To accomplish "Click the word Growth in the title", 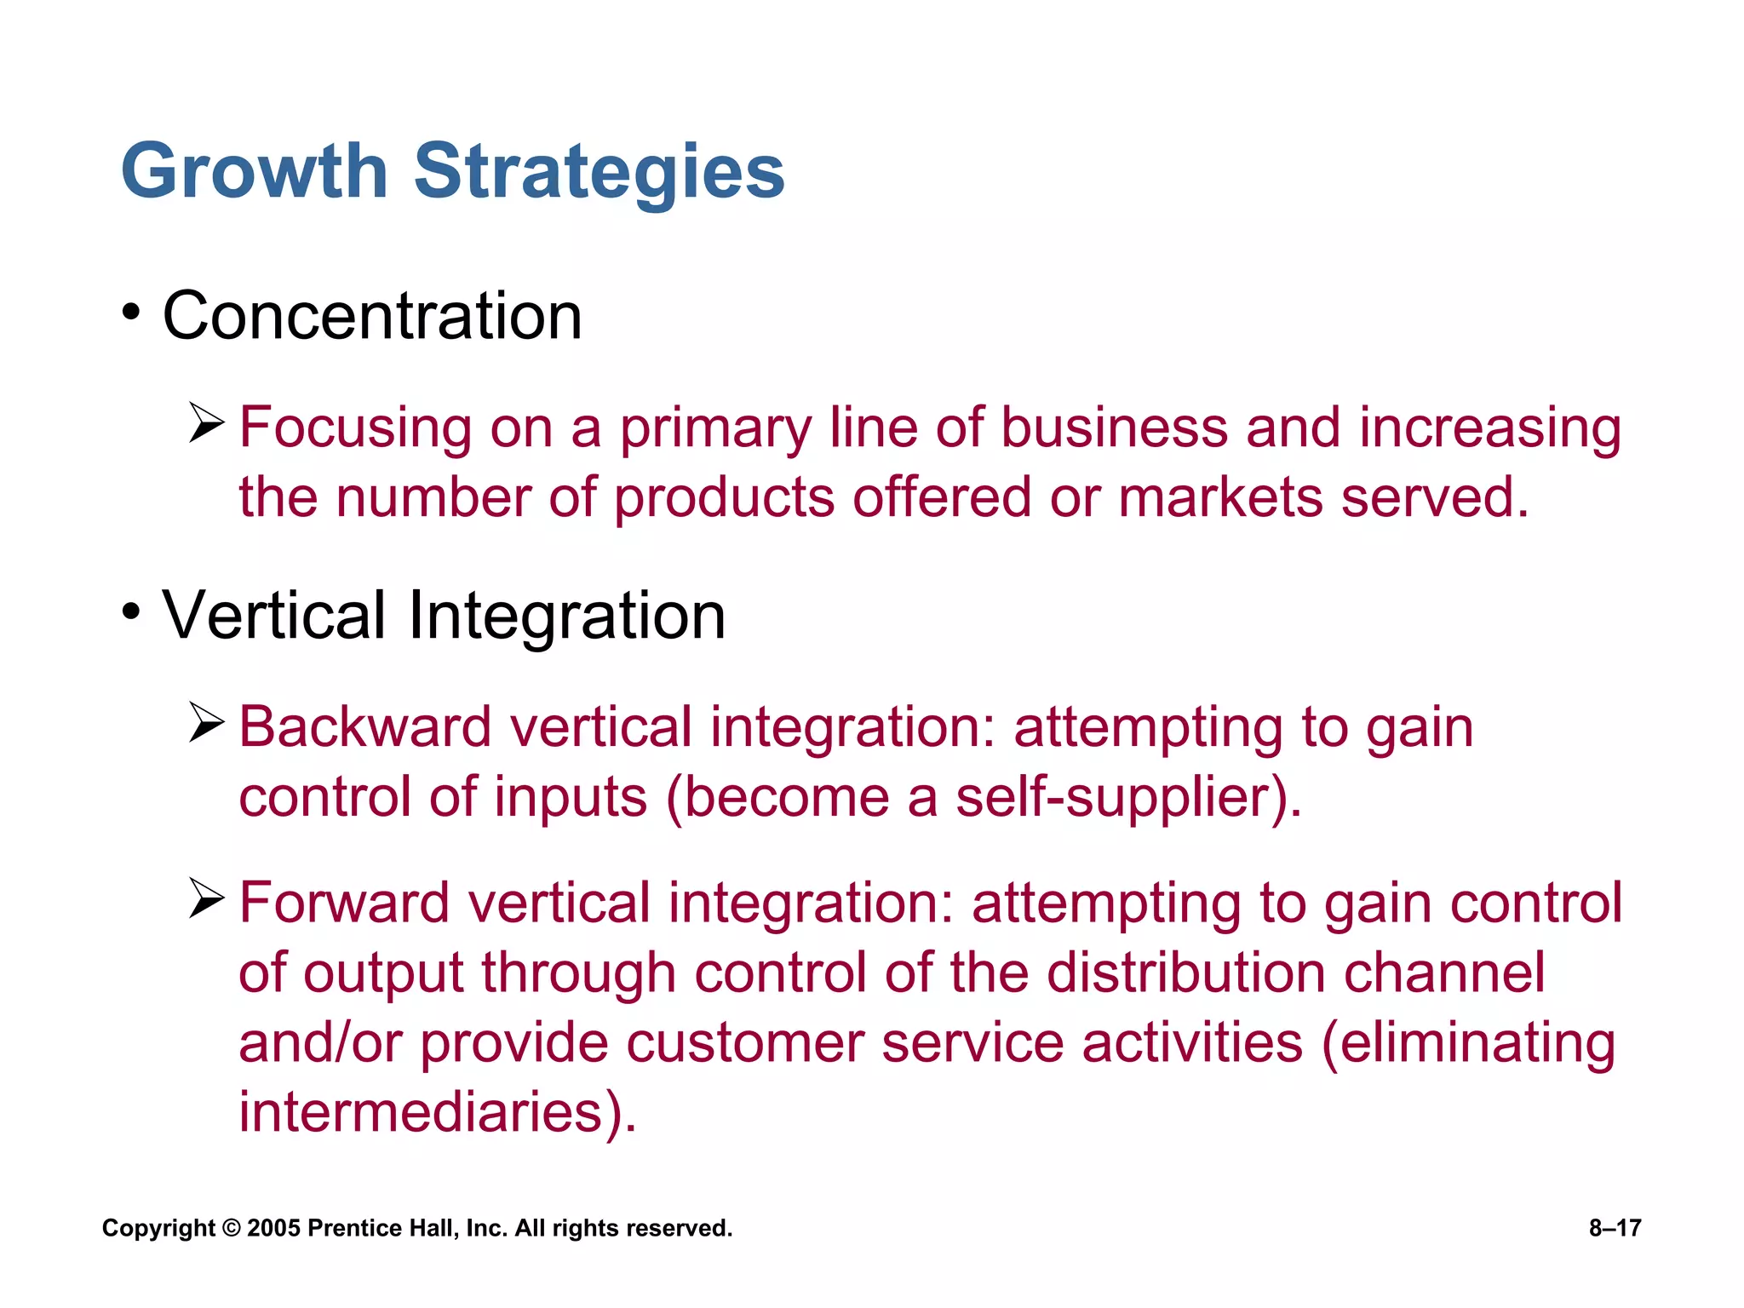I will point(254,172).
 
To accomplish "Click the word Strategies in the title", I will point(599,172).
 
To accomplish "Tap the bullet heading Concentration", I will point(372,316).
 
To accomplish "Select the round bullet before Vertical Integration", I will point(130,611).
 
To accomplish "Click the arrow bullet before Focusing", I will point(206,424).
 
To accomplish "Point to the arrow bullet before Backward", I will point(206,724).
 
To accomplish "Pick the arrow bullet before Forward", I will point(206,899).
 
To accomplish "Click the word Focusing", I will point(355,428).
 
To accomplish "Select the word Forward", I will point(344,904).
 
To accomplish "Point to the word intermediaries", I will point(422,1112).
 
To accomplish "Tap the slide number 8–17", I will point(1615,1228).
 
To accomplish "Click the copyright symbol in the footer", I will point(231,1229).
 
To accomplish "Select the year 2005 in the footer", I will point(273,1229).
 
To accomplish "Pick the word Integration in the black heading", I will point(566,616).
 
